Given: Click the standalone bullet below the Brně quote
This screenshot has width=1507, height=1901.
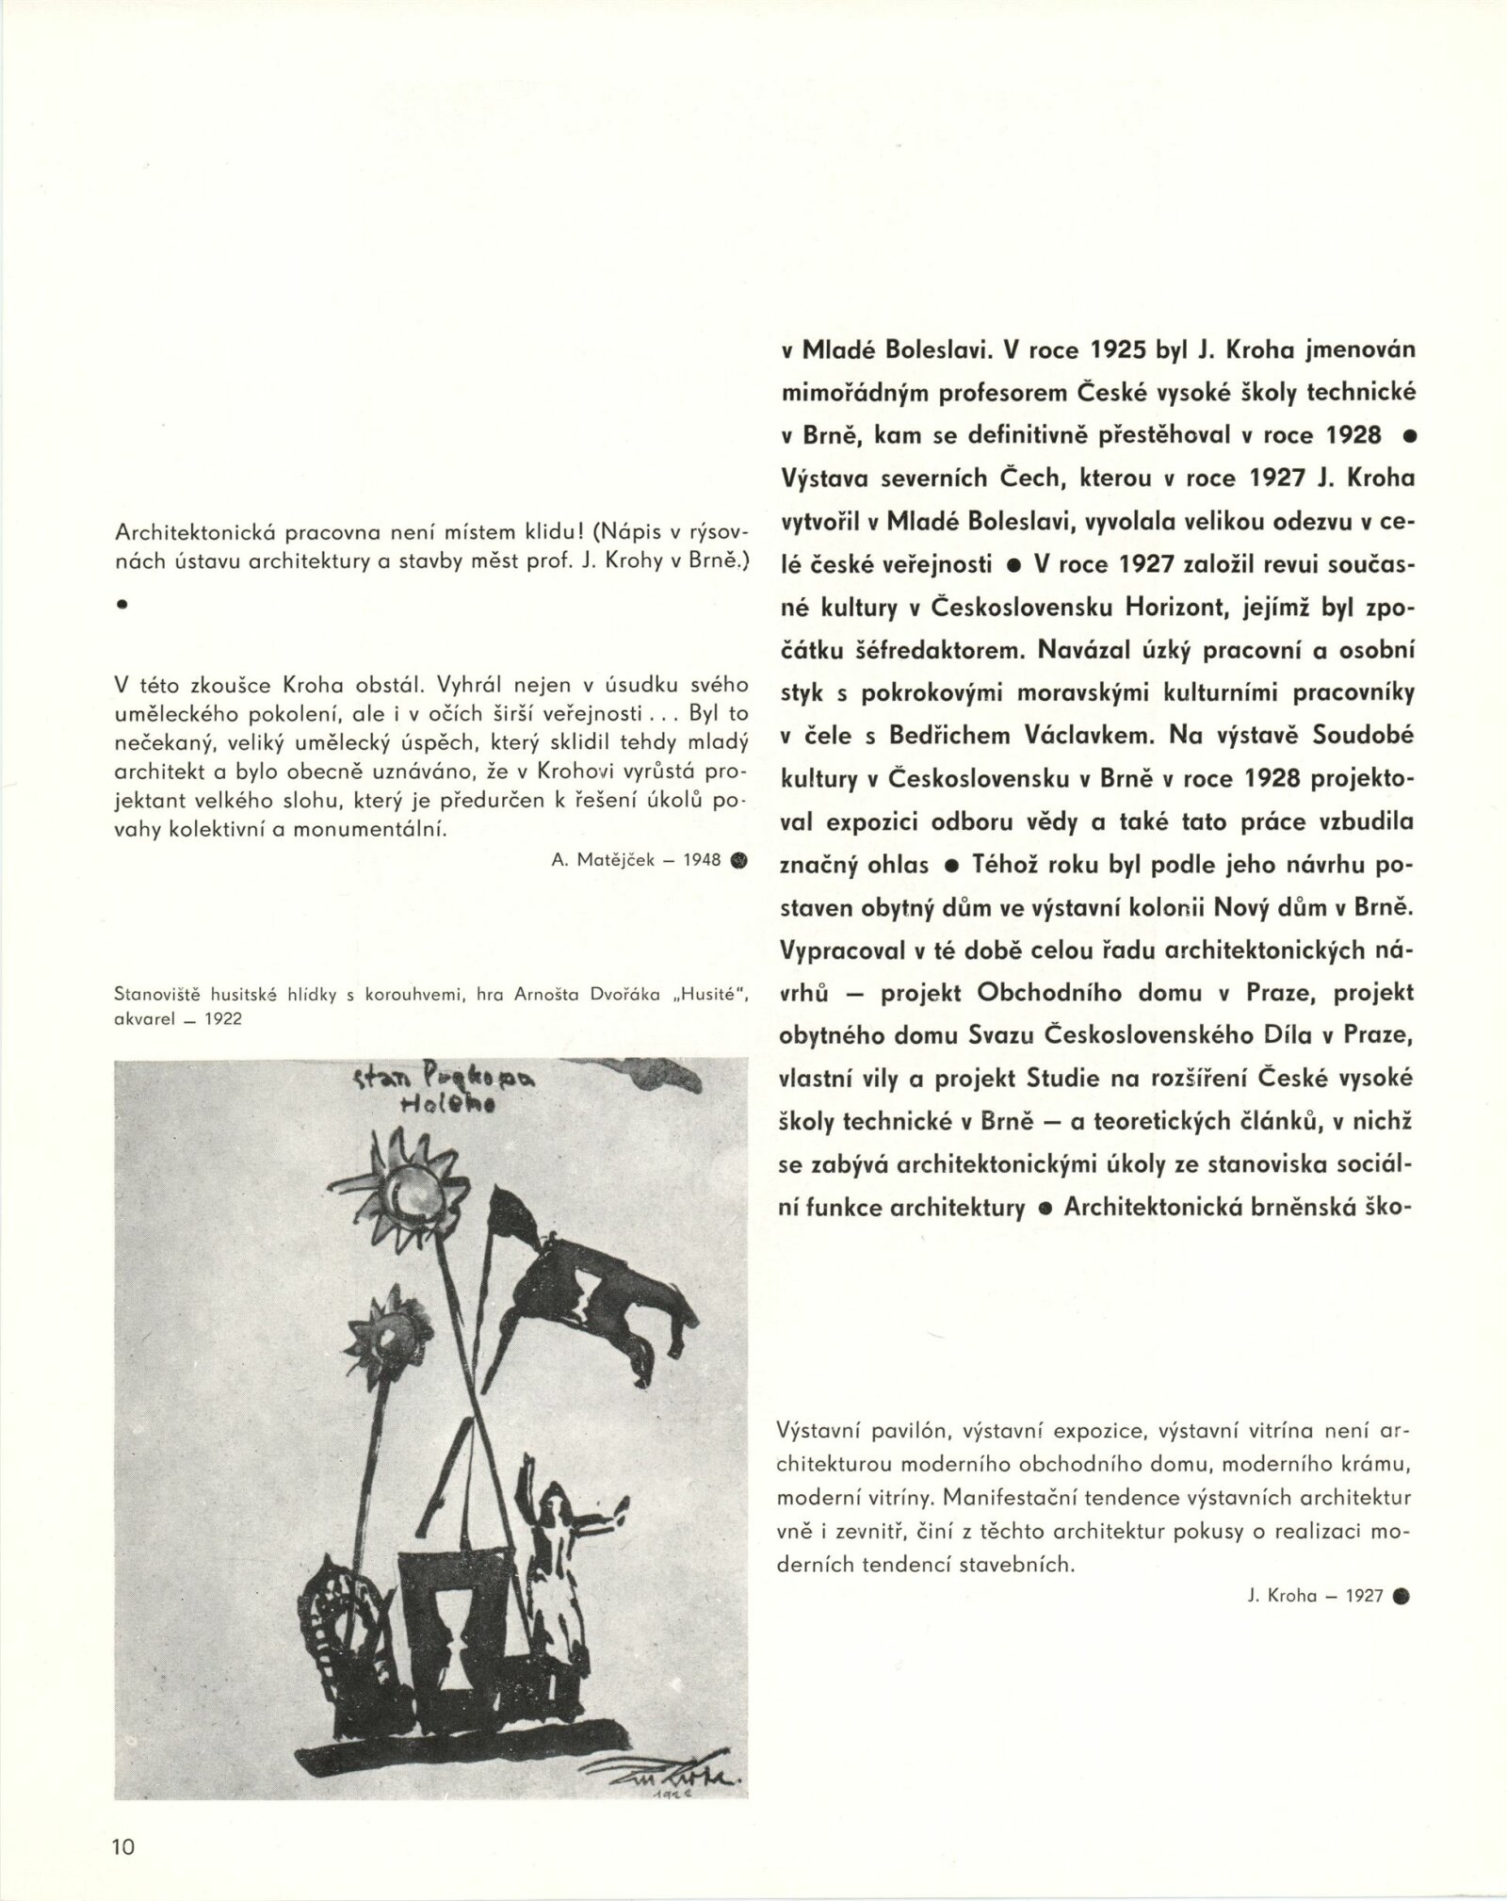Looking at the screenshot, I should (x=121, y=607).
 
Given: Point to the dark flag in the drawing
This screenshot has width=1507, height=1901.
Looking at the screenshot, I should (x=604, y=1292).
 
